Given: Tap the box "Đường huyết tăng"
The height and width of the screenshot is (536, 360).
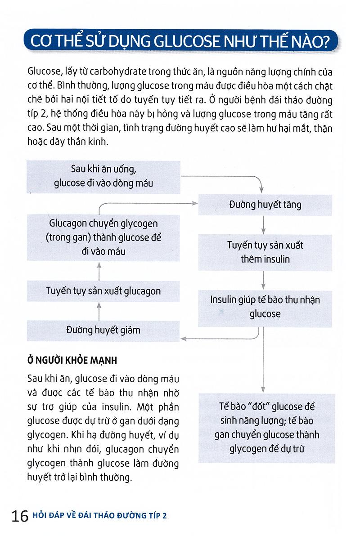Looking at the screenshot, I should [x=265, y=205].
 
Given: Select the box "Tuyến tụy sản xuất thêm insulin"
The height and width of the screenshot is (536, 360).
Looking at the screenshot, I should [x=265, y=253].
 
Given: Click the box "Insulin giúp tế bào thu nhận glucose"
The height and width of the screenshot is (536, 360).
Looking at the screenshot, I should [x=265, y=307].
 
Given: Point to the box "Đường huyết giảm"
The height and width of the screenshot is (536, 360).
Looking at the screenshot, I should [x=103, y=330].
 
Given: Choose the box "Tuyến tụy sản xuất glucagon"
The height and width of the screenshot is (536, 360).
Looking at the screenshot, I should [x=103, y=291].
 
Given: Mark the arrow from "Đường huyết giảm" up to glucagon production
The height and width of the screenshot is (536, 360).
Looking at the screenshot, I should [x=100, y=311].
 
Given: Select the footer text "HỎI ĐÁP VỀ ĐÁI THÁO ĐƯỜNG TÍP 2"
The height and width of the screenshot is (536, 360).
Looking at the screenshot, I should [x=99, y=516].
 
